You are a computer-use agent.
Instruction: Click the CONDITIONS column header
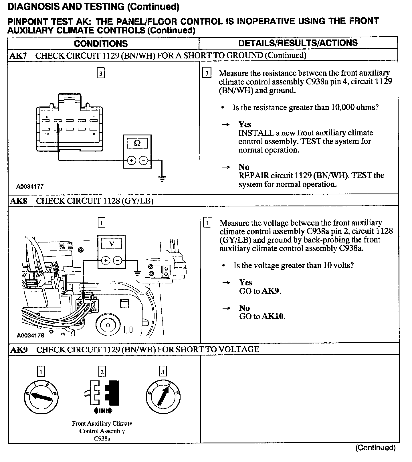[101, 44]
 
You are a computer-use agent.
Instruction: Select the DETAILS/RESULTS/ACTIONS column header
[298, 43]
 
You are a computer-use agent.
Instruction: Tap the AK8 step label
[18, 201]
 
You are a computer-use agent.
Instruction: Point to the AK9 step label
[19, 350]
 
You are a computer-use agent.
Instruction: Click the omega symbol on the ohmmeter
[137, 143]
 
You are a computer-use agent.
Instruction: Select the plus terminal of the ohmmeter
[131, 160]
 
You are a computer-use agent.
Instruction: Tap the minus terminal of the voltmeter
[118, 260]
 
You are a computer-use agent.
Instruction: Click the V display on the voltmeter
[112, 244]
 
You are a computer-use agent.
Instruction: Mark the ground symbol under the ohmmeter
[162, 179]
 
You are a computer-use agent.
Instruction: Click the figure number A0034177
[30, 187]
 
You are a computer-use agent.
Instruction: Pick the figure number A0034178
[30, 335]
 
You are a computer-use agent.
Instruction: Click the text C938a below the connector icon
[102, 439]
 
